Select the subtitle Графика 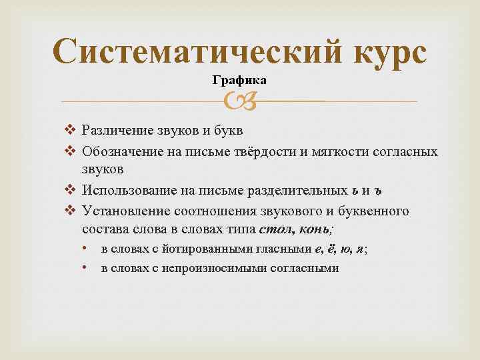coord(239,81)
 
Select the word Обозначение coord(123,152)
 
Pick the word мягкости coord(338,152)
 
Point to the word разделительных coord(293,191)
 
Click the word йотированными coord(204,249)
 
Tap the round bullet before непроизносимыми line coord(86,268)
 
